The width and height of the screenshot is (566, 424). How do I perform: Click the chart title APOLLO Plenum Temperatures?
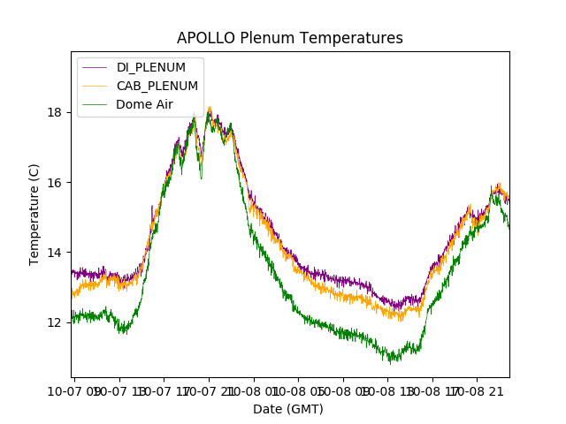tap(289, 38)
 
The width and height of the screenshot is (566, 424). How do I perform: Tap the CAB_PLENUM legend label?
tap(157, 86)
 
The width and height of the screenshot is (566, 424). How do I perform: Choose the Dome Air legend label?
tap(144, 104)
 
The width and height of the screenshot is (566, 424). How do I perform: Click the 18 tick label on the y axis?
tap(55, 112)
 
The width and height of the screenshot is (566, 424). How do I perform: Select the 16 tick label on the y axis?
tap(55, 182)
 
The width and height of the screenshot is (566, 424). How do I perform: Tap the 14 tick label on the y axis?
tap(55, 253)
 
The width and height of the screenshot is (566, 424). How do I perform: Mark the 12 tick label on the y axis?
tap(55, 322)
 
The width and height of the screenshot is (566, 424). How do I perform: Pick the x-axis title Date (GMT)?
tap(288, 409)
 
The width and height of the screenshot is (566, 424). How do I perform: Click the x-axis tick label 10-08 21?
tap(482, 390)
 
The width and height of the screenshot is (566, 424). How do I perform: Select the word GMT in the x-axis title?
tap(305, 409)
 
